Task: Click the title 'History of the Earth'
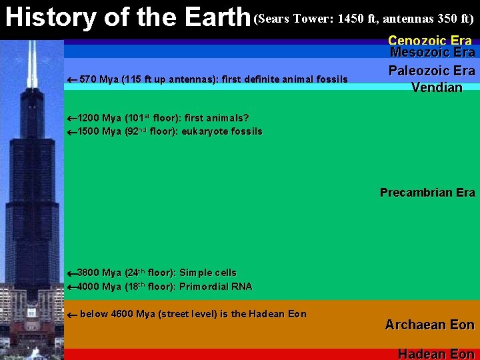click(x=127, y=17)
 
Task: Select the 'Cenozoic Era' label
click(x=430, y=41)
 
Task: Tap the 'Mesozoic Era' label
click(x=432, y=53)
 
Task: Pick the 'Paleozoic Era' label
click(x=432, y=71)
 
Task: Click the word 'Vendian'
click(x=437, y=87)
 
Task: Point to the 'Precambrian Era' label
click(x=427, y=193)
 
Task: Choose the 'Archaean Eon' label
click(x=429, y=325)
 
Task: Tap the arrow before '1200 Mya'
click(x=72, y=119)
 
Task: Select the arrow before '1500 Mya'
click(x=72, y=132)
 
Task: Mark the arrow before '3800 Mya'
click(x=72, y=273)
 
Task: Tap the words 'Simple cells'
click(x=208, y=273)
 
